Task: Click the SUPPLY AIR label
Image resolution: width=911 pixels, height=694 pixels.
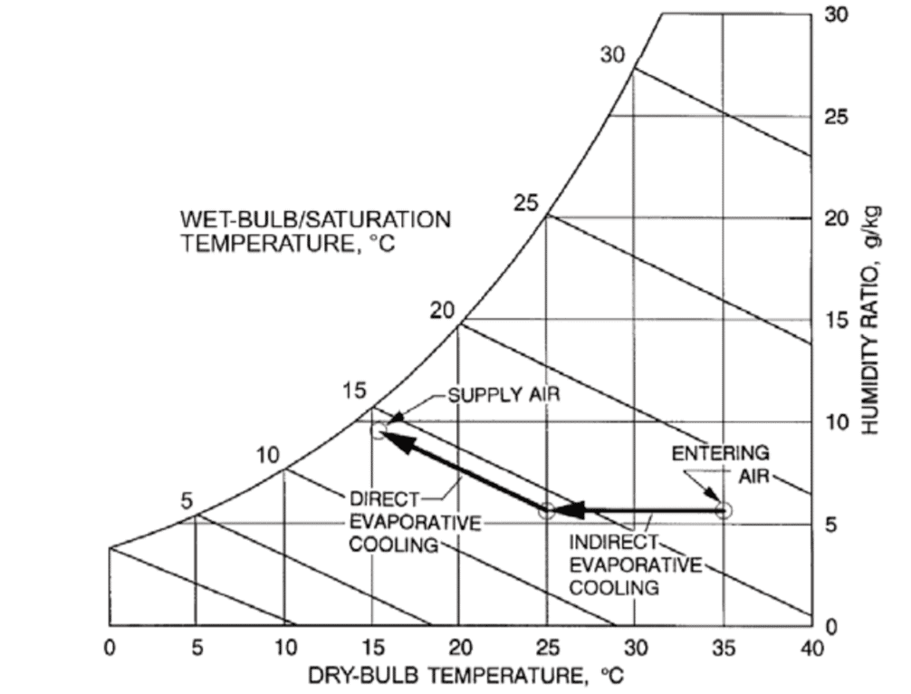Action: tap(504, 395)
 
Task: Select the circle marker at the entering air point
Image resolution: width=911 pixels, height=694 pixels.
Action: tap(723, 511)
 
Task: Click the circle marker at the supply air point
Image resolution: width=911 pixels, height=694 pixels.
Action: tap(379, 430)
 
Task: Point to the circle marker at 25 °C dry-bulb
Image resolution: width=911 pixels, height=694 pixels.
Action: tap(546, 511)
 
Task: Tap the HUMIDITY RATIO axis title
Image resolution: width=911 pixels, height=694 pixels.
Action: tap(872, 320)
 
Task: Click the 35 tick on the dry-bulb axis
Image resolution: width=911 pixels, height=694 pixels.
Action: tap(723, 649)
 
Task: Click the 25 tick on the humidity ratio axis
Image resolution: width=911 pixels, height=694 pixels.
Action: tap(837, 118)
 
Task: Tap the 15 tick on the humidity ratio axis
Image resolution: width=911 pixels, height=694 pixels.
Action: tap(837, 321)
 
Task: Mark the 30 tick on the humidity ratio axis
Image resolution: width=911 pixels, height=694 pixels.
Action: tap(837, 15)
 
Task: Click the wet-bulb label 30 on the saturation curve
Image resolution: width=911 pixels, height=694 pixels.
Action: tap(613, 54)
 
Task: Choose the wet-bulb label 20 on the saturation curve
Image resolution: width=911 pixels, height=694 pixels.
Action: tap(442, 311)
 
